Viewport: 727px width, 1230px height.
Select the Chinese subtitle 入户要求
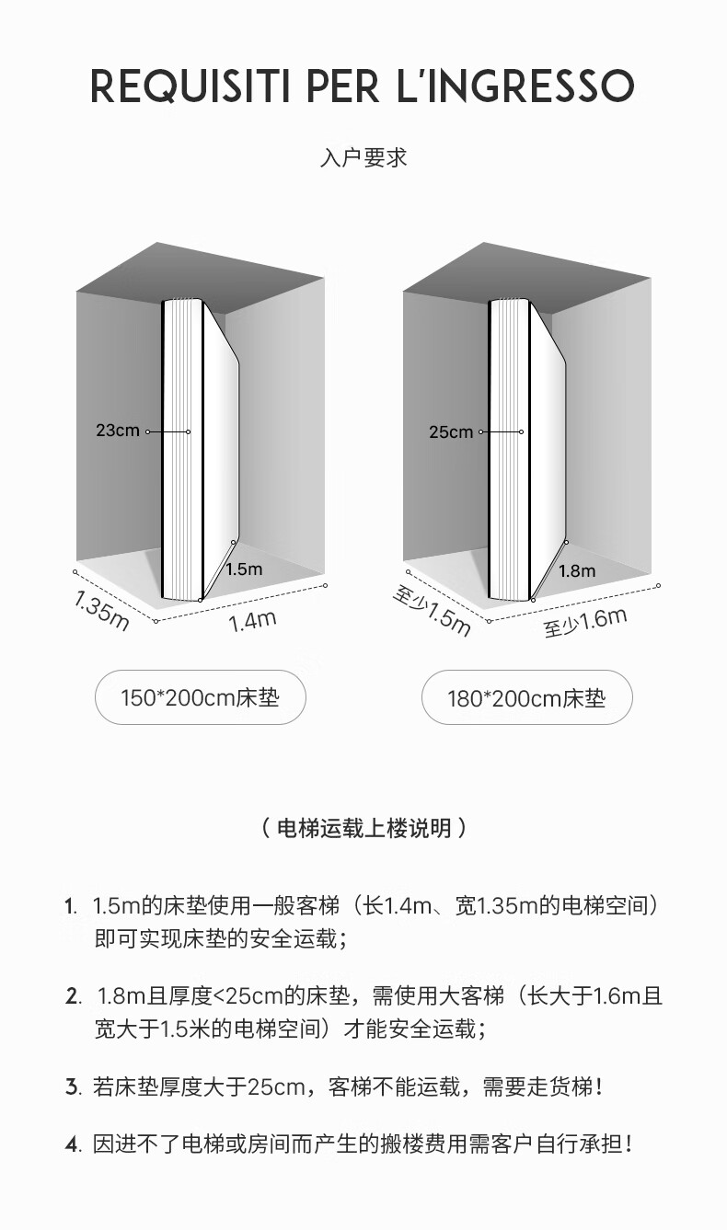point(363,157)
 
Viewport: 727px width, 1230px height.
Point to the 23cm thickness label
point(117,431)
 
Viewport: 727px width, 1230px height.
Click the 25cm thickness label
point(451,431)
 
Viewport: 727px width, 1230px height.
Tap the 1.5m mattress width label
point(243,569)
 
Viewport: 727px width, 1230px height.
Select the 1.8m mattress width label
point(576,571)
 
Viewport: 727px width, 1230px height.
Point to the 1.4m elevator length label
point(252,621)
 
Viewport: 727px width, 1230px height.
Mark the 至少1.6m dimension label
point(584,623)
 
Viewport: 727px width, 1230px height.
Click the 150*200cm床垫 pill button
point(200,697)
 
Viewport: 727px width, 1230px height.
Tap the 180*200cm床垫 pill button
point(526,697)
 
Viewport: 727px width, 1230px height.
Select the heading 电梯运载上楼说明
point(363,828)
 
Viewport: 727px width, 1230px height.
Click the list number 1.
point(69,906)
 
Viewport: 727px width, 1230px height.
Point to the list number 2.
point(73,996)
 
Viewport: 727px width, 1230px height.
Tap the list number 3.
point(73,1087)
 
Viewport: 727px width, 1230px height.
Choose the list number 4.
point(73,1145)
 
